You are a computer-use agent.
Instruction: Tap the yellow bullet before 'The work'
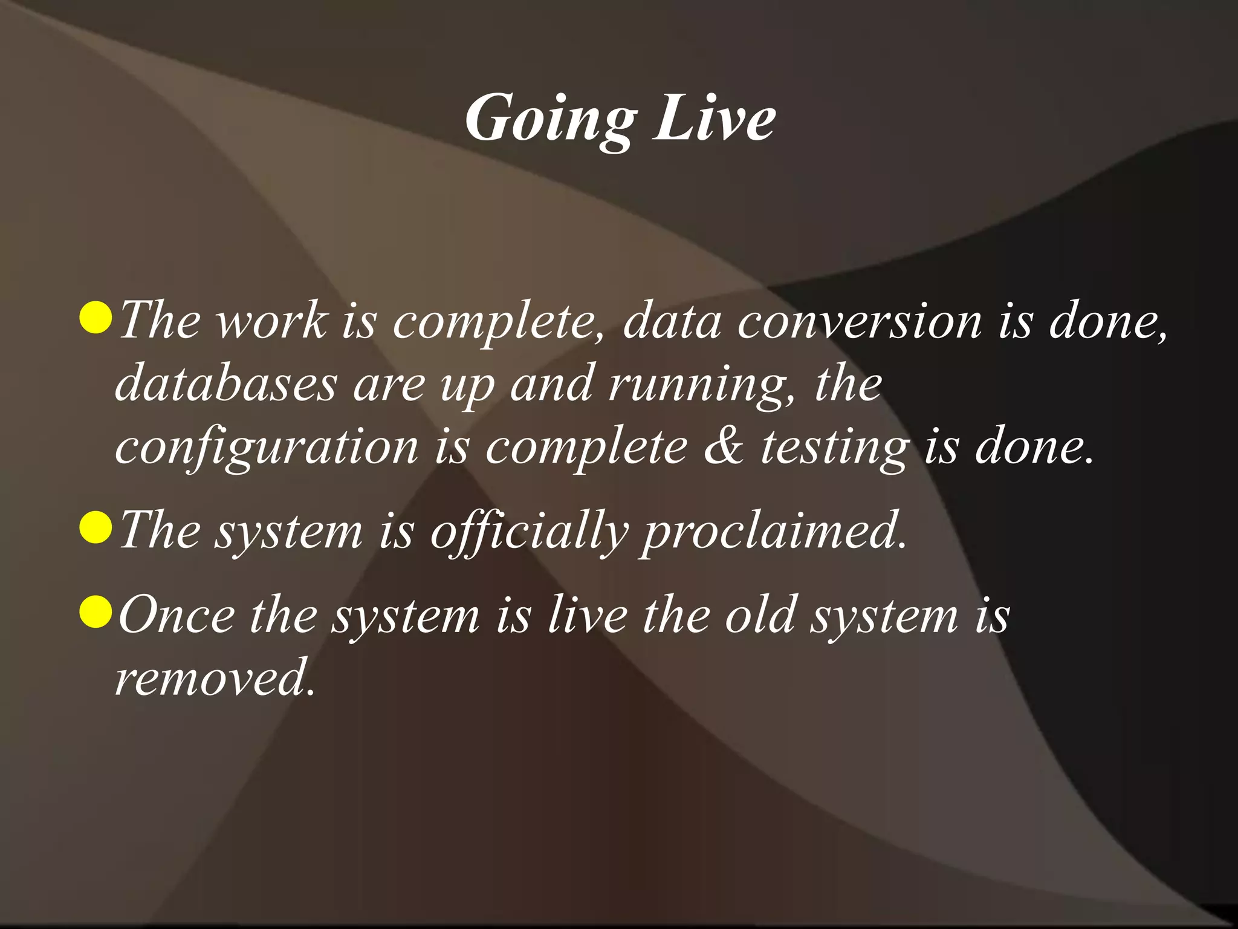(x=96, y=318)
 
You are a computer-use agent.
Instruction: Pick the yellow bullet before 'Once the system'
(x=96, y=611)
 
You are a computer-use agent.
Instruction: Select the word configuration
(x=267, y=448)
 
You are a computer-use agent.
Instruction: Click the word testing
(x=835, y=448)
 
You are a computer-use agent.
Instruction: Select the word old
(x=759, y=614)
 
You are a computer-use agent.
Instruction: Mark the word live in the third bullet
(x=587, y=614)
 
